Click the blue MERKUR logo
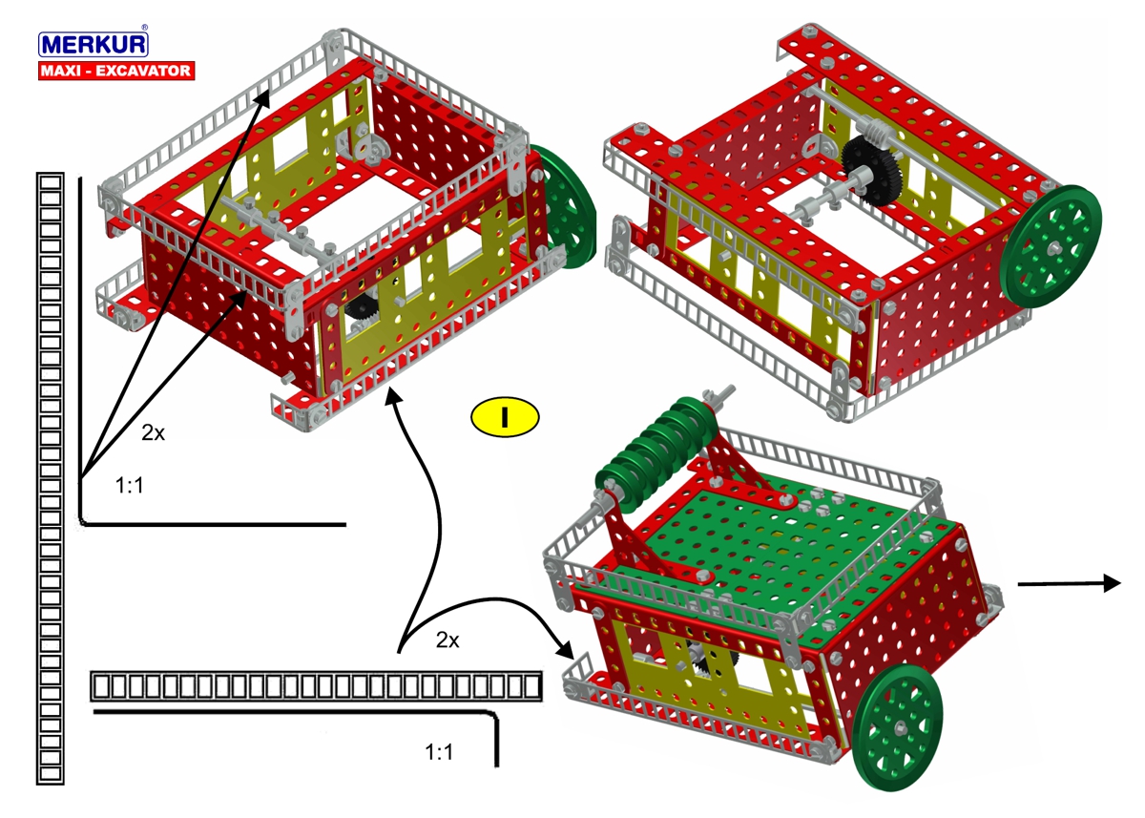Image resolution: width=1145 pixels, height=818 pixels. (x=94, y=44)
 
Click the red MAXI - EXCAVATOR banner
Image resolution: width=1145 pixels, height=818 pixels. (x=116, y=71)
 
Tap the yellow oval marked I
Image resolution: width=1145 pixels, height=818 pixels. (x=505, y=417)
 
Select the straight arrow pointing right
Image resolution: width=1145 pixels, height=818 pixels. (x=1070, y=583)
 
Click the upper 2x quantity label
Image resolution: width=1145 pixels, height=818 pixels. (x=153, y=433)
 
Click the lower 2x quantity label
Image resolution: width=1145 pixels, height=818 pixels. (x=448, y=640)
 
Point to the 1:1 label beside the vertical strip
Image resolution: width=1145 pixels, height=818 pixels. (x=130, y=485)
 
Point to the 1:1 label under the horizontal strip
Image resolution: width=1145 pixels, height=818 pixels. (x=439, y=752)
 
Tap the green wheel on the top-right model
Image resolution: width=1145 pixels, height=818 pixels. (x=1051, y=246)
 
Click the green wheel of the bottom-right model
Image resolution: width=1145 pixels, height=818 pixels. (x=898, y=727)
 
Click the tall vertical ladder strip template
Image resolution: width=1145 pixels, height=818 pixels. (x=50, y=478)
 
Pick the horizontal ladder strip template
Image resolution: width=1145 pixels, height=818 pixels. (x=317, y=686)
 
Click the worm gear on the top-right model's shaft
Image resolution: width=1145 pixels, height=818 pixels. (x=872, y=128)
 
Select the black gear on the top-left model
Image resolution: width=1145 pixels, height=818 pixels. (x=362, y=307)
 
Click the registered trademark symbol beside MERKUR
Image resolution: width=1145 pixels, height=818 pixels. (x=145, y=28)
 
